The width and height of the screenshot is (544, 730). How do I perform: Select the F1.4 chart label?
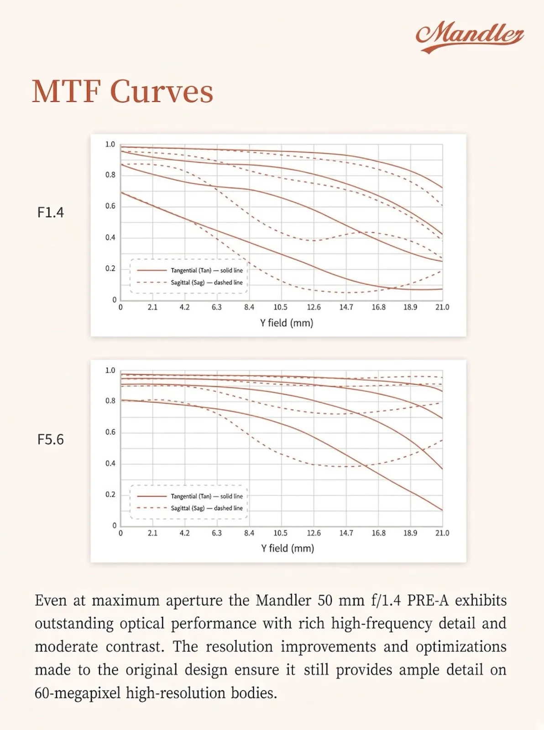(x=50, y=212)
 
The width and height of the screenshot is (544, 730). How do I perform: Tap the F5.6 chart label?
(x=50, y=439)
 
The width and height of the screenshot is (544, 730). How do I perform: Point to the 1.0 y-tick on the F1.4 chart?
(x=110, y=144)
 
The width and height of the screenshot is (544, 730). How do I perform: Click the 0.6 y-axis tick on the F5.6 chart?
(x=110, y=432)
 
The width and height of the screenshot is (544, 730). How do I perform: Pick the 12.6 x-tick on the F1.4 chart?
(x=314, y=307)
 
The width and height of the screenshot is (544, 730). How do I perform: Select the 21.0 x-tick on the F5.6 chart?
(x=442, y=533)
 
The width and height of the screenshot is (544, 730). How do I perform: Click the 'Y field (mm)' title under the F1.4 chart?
(x=287, y=323)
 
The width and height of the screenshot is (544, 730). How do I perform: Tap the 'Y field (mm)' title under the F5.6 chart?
(x=288, y=548)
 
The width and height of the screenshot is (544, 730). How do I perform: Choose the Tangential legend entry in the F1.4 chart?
(x=190, y=270)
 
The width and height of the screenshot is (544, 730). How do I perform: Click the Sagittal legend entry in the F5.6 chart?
(x=190, y=508)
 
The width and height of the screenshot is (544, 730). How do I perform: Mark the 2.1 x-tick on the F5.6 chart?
(x=152, y=533)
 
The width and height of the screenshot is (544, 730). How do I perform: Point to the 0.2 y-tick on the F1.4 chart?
(x=110, y=269)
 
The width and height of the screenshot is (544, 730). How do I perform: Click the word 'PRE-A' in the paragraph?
(x=428, y=600)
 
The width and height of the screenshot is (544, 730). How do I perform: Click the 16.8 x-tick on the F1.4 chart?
(x=378, y=307)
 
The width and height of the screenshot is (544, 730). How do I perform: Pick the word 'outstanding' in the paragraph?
(x=74, y=624)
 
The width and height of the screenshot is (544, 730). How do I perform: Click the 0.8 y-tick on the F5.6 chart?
(x=110, y=401)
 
